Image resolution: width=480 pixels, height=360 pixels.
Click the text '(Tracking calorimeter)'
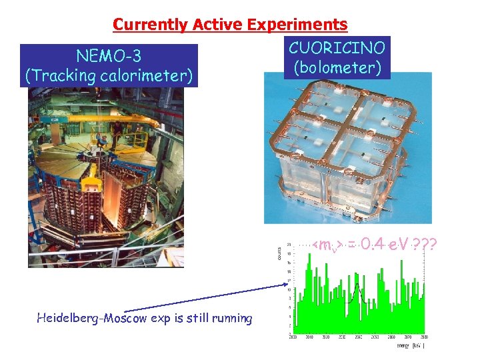click(x=109, y=75)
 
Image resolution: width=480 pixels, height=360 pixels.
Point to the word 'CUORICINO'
click(x=337, y=47)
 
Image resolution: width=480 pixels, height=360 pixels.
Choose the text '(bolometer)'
click(x=337, y=67)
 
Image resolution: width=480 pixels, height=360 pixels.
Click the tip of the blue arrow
click(x=285, y=287)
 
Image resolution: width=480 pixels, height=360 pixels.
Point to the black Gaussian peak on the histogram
click(x=357, y=288)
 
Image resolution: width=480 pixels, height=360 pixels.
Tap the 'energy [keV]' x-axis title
click(x=407, y=345)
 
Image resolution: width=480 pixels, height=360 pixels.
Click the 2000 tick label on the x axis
click(x=293, y=337)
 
